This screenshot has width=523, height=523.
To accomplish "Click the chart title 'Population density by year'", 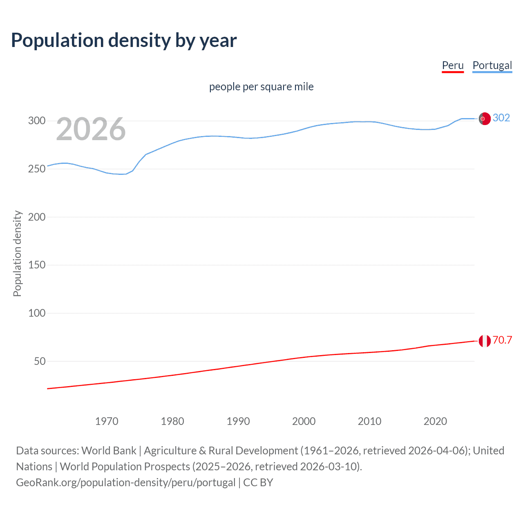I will pyautogui.click(x=124, y=40).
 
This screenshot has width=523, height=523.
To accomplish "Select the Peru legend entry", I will pyautogui.click(x=453, y=65).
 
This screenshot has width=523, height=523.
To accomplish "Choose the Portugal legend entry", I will pyautogui.click(x=492, y=65).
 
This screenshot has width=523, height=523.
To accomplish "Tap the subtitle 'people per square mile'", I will pyautogui.click(x=261, y=87).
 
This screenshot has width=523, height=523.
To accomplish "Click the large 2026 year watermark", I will pyautogui.click(x=91, y=129).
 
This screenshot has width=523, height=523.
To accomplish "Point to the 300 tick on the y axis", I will pyautogui.click(x=36, y=121).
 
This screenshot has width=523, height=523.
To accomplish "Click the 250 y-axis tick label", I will pyautogui.click(x=36, y=169).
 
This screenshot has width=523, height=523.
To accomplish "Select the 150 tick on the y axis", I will pyautogui.click(x=36, y=265).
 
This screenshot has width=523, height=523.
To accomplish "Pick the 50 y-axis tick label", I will pyautogui.click(x=39, y=361).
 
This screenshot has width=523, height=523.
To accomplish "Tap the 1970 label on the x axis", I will pyautogui.click(x=107, y=421).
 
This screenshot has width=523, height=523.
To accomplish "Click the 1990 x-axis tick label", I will pyautogui.click(x=238, y=421).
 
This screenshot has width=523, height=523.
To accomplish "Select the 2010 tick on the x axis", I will pyautogui.click(x=369, y=421).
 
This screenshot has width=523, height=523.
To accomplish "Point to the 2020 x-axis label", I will pyautogui.click(x=435, y=421).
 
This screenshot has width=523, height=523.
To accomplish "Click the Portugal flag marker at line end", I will pyautogui.click(x=485, y=118).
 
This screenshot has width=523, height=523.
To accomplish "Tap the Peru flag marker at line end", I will pyautogui.click(x=485, y=341).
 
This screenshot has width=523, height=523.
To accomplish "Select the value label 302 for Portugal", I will pyautogui.click(x=501, y=118).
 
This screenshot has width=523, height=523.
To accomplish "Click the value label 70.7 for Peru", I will pyautogui.click(x=502, y=340).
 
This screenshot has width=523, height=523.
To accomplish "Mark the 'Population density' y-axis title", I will pyautogui.click(x=17, y=253).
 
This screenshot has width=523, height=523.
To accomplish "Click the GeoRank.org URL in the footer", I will pyautogui.click(x=126, y=482).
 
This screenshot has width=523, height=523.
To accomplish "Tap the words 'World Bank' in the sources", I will pyautogui.click(x=109, y=450).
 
